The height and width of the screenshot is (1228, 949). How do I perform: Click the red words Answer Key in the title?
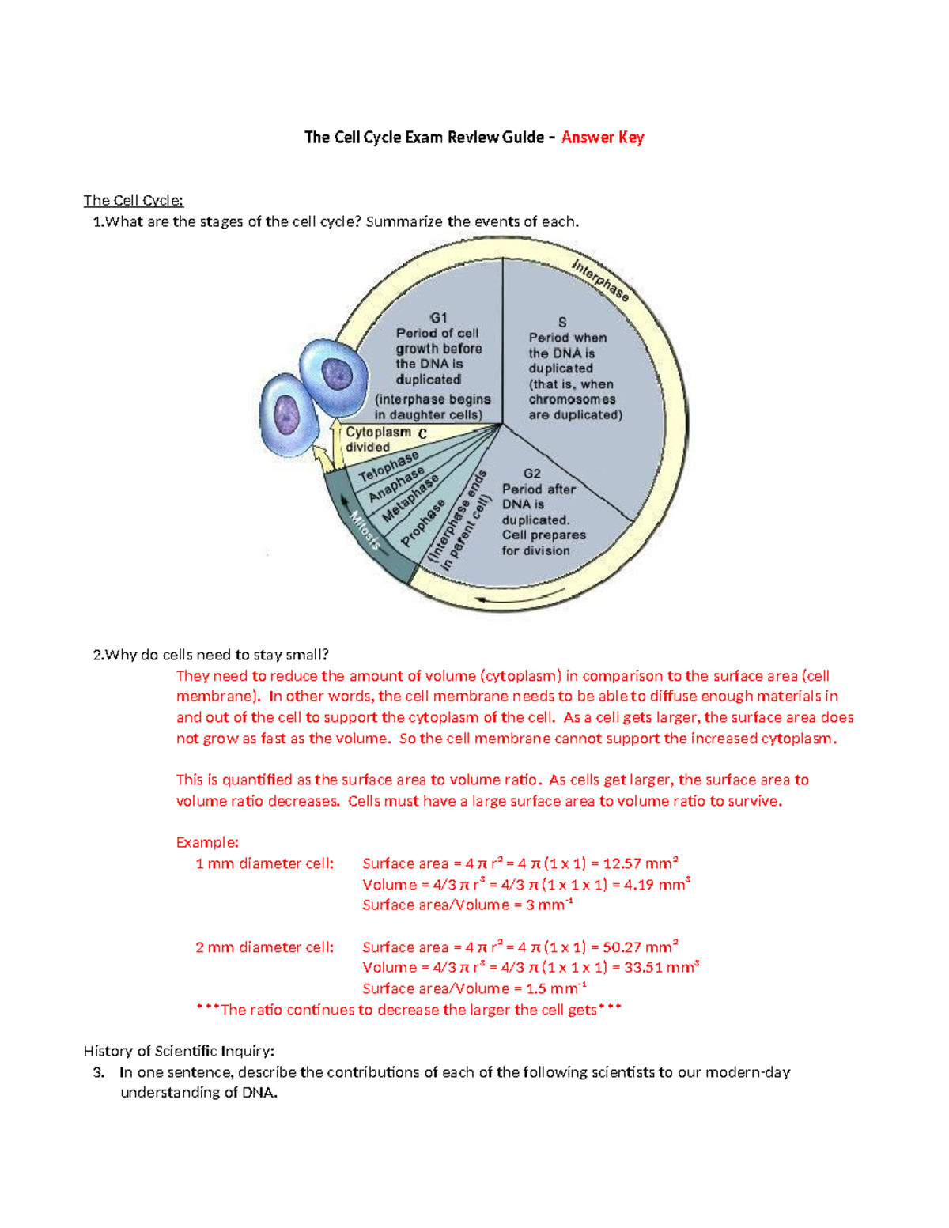[602, 138]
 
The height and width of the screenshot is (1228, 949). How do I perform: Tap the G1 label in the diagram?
[438, 318]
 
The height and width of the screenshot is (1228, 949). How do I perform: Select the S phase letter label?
[562, 323]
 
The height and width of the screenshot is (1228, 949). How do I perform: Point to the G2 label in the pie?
[531, 474]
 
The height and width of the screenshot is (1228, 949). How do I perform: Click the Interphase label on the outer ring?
[601, 280]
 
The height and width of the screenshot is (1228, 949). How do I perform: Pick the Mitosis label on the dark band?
[365, 531]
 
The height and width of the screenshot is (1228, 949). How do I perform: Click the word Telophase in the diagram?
[388, 467]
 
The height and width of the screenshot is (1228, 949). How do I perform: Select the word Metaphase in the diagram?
[410, 499]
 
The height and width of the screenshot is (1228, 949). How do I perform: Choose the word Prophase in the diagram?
[422, 523]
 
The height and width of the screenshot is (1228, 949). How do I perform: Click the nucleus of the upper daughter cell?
[336, 372]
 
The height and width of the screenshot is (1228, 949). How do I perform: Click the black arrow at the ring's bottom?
[497, 601]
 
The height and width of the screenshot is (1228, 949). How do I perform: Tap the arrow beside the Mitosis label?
[346, 502]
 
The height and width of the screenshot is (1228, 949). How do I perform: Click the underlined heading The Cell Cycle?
[133, 201]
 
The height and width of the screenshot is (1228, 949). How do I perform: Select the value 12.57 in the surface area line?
[622, 863]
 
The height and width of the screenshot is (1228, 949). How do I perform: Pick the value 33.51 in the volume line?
[643, 968]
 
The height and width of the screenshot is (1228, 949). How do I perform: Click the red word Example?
[207, 843]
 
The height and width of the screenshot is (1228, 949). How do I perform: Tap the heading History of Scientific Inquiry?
[179, 1051]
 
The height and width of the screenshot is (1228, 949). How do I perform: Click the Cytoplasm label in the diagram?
[378, 433]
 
